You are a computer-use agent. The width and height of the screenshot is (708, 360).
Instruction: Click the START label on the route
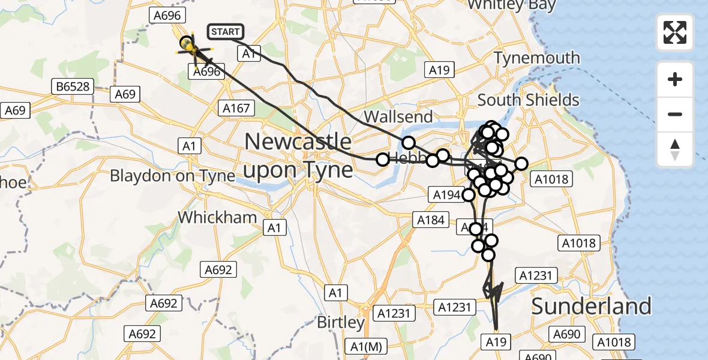225,32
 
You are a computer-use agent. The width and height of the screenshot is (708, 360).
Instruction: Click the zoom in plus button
675,79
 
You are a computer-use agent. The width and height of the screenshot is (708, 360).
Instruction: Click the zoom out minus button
675,114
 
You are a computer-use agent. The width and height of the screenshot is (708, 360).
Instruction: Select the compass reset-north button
675,149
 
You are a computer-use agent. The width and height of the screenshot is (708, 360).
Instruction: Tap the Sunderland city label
591,307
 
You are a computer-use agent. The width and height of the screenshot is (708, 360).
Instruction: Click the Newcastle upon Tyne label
298,156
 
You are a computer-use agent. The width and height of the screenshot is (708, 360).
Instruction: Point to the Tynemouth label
536,58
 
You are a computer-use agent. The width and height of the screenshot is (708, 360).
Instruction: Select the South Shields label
528,100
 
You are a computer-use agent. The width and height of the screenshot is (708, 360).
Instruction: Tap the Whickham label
218,217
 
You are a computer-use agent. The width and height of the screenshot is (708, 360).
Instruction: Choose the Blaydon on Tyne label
173,176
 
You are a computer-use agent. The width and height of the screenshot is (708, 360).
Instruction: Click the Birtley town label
341,322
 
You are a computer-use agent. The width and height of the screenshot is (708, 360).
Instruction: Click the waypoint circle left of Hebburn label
382,160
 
